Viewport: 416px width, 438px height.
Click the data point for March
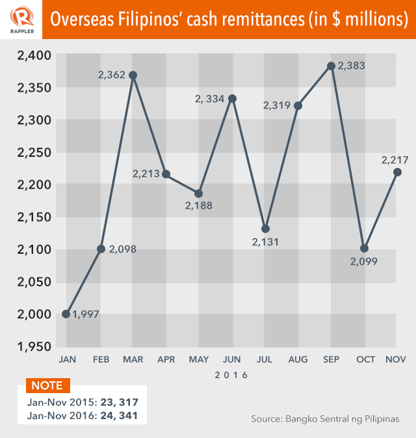[133, 75]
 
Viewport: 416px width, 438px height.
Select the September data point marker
[331, 66]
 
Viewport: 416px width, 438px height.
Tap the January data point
[66, 314]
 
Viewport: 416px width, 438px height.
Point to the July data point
[265, 228]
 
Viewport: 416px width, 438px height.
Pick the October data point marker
[364, 249]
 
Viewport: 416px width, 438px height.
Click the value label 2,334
[209, 99]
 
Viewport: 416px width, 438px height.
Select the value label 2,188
[198, 206]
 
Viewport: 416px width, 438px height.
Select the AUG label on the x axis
[297, 359]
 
